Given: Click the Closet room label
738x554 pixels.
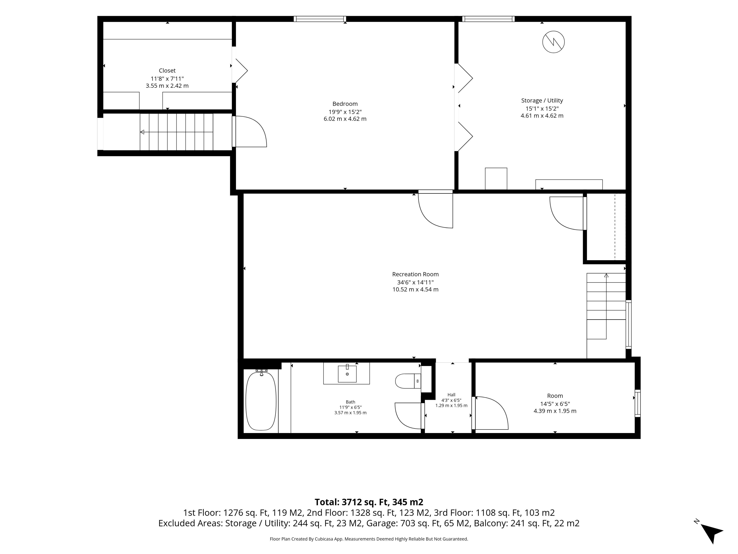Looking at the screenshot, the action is click(x=167, y=70).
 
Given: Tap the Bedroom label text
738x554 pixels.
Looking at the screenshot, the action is click(x=345, y=104).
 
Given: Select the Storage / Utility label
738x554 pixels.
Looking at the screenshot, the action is click(x=542, y=101).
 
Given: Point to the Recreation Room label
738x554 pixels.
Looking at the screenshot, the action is click(x=415, y=274).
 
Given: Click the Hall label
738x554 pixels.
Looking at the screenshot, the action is click(x=451, y=395).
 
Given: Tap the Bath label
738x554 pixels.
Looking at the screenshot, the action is click(x=350, y=402).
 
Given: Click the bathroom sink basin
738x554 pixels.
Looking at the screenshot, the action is click(x=347, y=374).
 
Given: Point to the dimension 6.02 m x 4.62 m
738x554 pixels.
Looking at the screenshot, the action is click(x=345, y=119).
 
